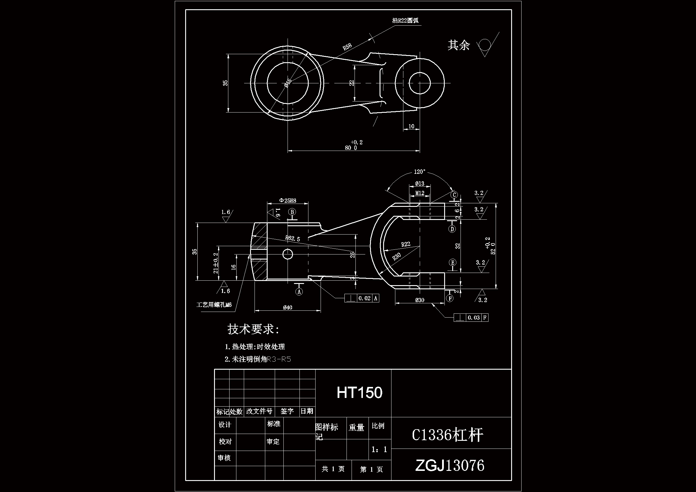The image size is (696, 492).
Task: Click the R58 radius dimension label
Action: [347, 47]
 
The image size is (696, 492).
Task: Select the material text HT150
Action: [360, 393]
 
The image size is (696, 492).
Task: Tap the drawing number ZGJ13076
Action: [450, 465]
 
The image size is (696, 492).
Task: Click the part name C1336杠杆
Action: [447, 435]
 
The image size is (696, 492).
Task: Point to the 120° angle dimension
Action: [419, 172]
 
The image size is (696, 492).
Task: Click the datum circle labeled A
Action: [299, 292]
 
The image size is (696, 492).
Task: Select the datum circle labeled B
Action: [292, 212]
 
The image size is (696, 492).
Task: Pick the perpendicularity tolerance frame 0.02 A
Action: [362, 298]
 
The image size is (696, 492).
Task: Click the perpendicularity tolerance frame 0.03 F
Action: [471, 317]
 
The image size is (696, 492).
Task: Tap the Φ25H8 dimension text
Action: [287, 201]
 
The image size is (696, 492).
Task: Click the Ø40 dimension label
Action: [287, 307]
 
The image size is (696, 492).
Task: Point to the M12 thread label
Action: [419, 193]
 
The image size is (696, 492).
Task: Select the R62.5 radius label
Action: [293, 238]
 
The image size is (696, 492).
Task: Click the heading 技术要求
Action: [253, 329]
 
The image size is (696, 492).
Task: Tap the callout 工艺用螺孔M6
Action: [214, 305]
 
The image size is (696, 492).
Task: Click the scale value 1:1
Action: [379, 449]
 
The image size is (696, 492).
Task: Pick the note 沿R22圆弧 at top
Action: [405, 21]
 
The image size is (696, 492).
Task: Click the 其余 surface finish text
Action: [458, 45]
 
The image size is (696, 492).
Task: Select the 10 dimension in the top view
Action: [411, 126]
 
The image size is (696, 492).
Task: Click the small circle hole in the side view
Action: [287, 254]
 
